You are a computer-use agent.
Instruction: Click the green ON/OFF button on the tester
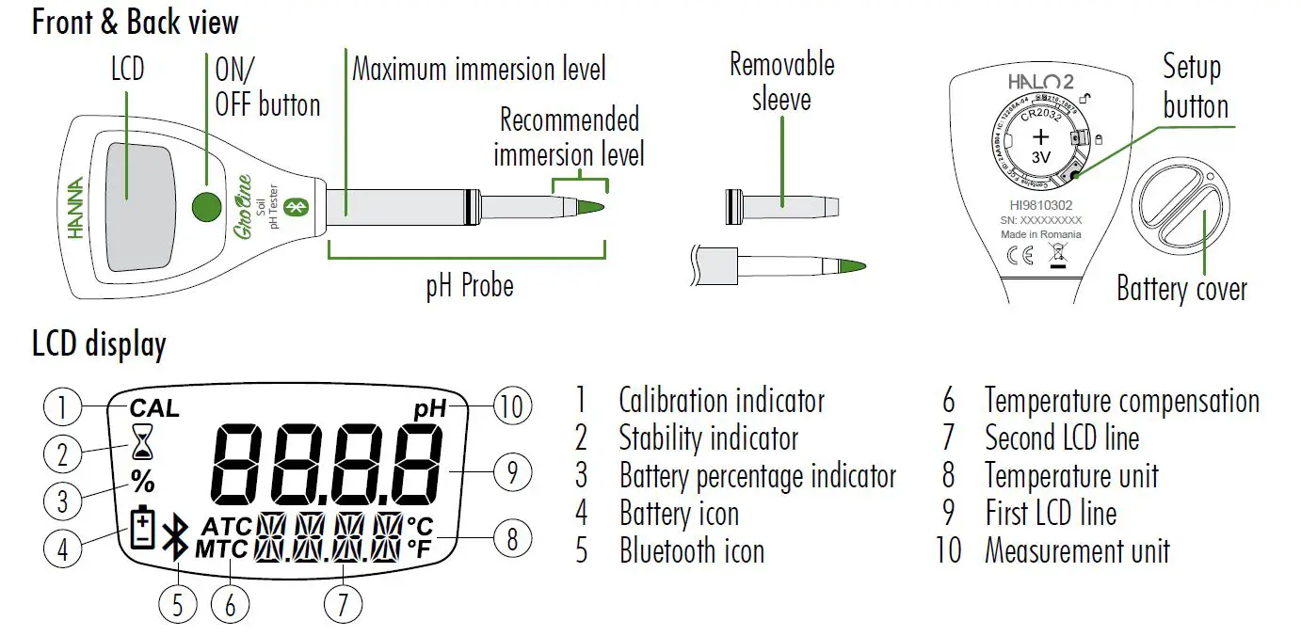pyautogui.click(x=207, y=205)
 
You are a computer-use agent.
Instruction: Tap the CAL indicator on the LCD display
pyautogui.click(x=153, y=408)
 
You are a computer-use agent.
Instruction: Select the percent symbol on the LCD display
pyautogui.click(x=143, y=483)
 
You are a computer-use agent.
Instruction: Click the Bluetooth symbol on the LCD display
pyautogui.click(x=173, y=540)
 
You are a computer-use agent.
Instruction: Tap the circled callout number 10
pyautogui.click(x=512, y=407)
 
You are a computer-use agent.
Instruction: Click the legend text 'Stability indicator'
pyautogui.click(x=708, y=438)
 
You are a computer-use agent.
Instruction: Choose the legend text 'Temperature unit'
pyautogui.click(x=1071, y=476)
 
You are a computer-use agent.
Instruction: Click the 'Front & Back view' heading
pyautogui.click(x=136, y=22)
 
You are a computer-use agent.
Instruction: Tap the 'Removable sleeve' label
pyautogui.click(x=781, y=81)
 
